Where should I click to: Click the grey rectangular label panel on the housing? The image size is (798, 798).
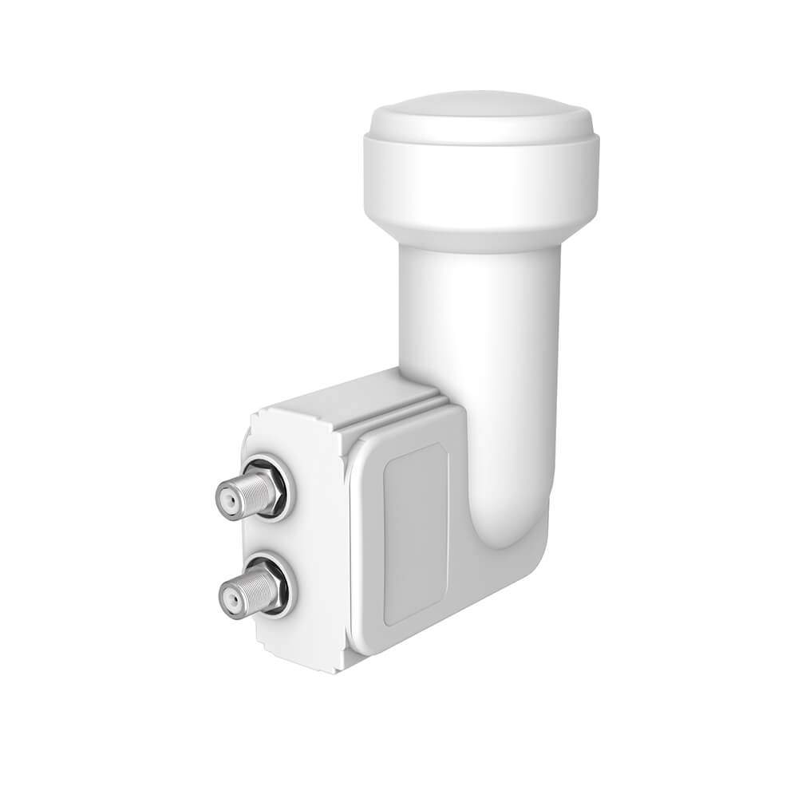click(x=415, y=543)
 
